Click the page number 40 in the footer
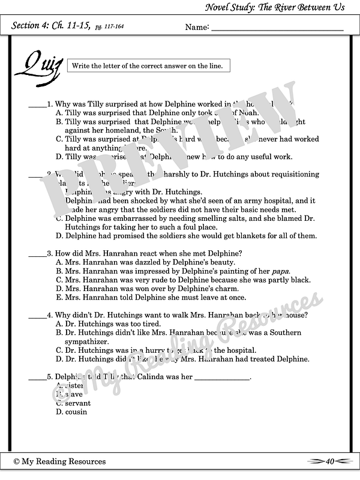[329, 461]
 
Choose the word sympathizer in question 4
[86, 341]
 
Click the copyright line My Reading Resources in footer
[59, 461]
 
